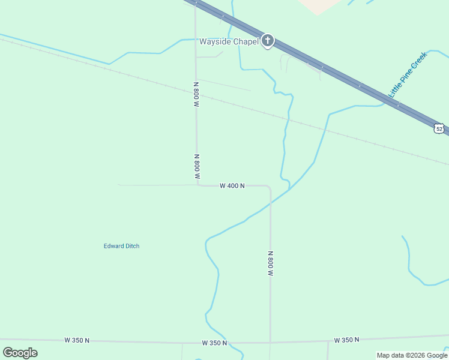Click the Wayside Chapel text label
click(x=229, y=41)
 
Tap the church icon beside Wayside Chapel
click(x=268, y=41)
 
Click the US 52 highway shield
click(x=439, y=128)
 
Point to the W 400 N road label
click(x=232, y=186)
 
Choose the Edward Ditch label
click(x=121, y=246)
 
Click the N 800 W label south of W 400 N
click(x=271, y=263)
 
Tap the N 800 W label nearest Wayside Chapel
click(x=196, y=94)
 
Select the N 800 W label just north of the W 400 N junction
click(x=197, y=167)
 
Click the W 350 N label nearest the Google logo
click(x=77, y=340)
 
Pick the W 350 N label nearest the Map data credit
click(x=346, y=340)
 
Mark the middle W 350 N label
click(x=214, y=343)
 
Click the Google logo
click(x=20, y=353)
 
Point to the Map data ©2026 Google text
click(x=412, y=355)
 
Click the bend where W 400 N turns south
click(x=269, y=187)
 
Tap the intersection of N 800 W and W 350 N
click(x=270, y=342)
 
